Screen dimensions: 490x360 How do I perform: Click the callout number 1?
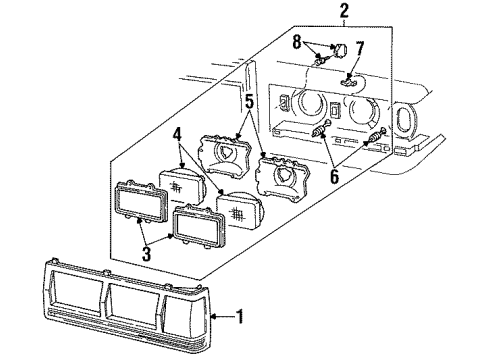(240, 316)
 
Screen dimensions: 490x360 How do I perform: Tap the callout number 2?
(344, 11)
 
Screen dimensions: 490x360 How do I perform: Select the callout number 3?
(147, 253)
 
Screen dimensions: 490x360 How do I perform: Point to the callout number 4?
(177, 135)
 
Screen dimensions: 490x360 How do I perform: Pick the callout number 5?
(249, 102)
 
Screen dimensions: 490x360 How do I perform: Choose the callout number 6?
(334, 176)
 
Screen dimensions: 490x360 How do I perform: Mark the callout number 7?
(360, 49)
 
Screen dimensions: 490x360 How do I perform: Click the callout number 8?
(297, 43)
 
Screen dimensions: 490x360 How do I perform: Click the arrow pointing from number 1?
(223, 316)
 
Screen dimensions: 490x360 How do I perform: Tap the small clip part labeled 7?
(348, 81)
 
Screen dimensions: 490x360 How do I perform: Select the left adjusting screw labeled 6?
(321, 128)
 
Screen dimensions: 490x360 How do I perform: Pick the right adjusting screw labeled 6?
(377, 135)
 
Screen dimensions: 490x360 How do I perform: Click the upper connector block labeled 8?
(340, 50)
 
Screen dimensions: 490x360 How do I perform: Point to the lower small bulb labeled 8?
(321, 61)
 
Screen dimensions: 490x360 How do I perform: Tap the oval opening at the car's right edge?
(404, 121)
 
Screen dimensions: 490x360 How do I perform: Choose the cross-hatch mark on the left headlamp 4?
(175, 187)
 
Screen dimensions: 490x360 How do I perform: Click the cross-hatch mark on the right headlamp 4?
(236, 214)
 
